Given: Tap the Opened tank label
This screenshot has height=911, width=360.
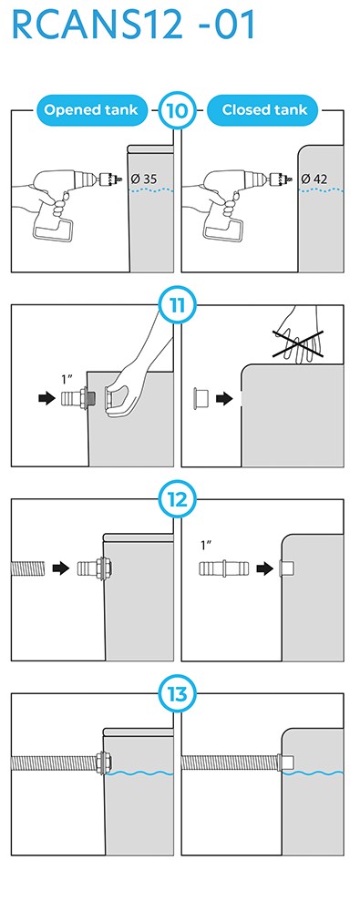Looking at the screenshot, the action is click(90, 110).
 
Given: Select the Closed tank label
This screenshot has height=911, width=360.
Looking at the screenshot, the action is click(264, 110).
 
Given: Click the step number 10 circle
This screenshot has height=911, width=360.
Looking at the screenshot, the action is click(176, 110).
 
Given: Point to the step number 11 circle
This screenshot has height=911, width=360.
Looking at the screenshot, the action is click(176, 304).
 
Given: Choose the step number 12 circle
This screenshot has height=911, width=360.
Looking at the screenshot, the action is click(176, 499).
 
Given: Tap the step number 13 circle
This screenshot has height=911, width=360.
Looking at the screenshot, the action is click(176, 694).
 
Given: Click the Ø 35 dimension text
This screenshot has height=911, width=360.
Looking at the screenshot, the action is click(144, 179).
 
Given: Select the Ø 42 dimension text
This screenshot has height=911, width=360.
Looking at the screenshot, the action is click(314, 179).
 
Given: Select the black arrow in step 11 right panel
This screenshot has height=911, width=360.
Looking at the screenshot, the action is click(224, 399).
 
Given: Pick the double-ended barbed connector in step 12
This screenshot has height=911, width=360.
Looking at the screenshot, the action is click(224, 568).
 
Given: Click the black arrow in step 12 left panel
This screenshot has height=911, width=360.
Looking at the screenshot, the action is click(61, 568).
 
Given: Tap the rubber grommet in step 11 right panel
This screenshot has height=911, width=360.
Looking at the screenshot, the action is click(201, 399).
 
